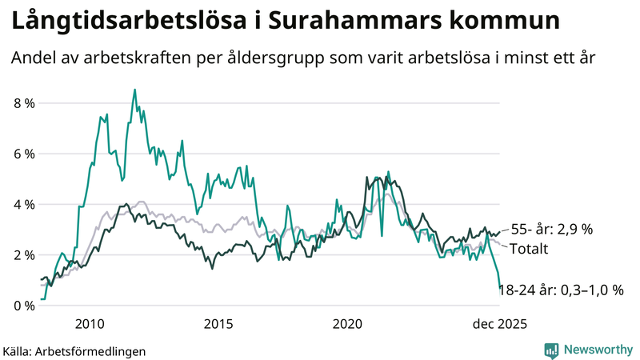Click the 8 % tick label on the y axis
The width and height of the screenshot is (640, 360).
click(23, 103)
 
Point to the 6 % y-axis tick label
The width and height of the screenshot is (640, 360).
click(23, 154)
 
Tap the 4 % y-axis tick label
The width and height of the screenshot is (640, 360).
click(23, 204)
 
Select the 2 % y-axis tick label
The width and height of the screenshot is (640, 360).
click(23, 254)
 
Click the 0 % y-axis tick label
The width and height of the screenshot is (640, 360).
click(23, 306)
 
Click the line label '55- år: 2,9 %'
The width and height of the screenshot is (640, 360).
click(551, 229)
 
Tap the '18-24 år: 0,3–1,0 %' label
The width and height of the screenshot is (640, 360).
click(561, 290)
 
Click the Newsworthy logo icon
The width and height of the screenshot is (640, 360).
click(551, 350)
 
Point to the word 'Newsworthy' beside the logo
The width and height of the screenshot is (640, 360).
click(597, 350)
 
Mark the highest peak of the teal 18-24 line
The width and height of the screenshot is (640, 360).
click(134, 90)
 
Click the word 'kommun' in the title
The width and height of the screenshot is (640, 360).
click(510, 21)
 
